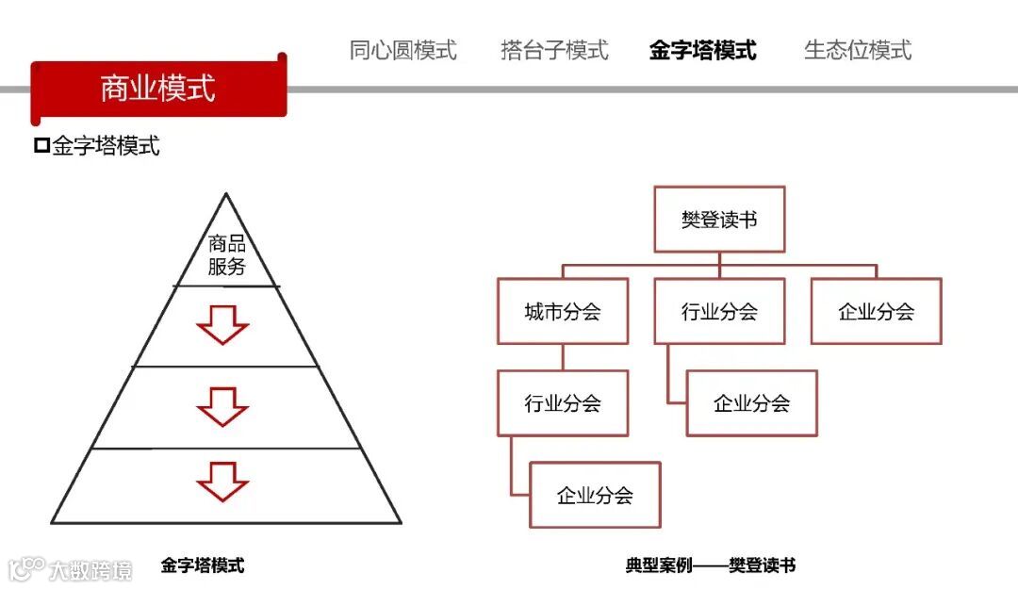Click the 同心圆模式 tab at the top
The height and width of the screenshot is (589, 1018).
(x=402, y=50)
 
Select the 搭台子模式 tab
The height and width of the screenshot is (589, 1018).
(x=554, y=50)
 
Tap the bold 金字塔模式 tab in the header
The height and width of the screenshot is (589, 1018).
(x=702, y=50)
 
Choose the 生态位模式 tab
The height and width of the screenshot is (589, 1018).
(x=858, y=50)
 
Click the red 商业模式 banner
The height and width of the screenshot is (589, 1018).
(x=157, y=89)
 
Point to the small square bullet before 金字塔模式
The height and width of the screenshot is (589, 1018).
(x=41, y=145)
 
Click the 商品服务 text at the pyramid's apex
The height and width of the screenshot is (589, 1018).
(x=226, y=254)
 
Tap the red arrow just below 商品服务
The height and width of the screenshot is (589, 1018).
(x=222, y=325)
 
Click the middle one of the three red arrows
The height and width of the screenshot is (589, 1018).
(x=222, y=406)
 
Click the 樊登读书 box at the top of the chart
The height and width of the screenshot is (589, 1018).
(x=719, y=220)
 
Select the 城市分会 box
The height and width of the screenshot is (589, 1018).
(x=563, y=311)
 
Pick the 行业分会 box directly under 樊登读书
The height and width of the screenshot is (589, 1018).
(x=719, y=311)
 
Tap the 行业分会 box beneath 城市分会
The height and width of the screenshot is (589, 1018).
(x=563, y=403)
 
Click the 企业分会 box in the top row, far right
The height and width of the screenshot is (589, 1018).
(x=876, y=311)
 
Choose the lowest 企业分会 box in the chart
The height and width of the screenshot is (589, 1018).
(x=595, y=495)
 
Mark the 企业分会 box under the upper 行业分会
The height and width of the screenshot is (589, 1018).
(x=751, y=403)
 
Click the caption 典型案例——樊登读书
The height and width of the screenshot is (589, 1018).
(x=711, y=565)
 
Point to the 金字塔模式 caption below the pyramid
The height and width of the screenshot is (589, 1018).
(x=203, y=565)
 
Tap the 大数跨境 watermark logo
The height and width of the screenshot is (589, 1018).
(x=71, y=569)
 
